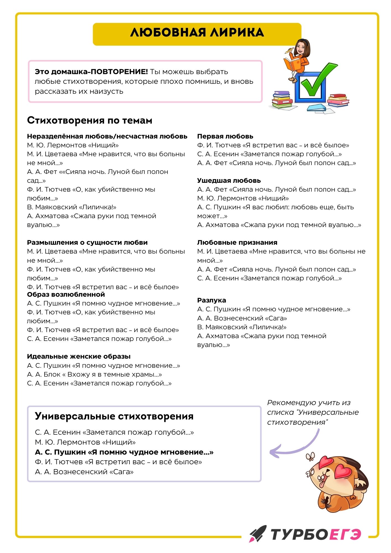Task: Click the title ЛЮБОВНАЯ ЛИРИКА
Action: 197,33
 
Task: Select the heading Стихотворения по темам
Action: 90,121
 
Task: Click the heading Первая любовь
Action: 225,136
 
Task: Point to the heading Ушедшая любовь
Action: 229,181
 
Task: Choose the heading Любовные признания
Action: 237,242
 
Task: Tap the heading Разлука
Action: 212,300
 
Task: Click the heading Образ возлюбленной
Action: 66,294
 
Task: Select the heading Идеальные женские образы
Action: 79,356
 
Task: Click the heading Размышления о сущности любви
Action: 87,242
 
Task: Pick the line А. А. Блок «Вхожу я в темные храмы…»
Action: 95,374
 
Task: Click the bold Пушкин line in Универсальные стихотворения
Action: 124,452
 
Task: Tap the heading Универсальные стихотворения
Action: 114,416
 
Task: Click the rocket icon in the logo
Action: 258,533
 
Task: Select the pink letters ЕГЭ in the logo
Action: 345,534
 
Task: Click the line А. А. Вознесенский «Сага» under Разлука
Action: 242,318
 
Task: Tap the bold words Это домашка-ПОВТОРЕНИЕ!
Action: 91,72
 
